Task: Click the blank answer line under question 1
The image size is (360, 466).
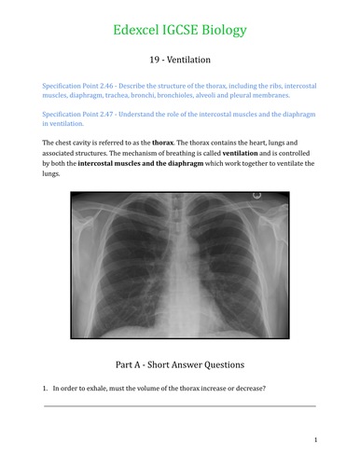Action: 179,404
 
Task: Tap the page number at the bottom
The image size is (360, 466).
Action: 315,439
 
